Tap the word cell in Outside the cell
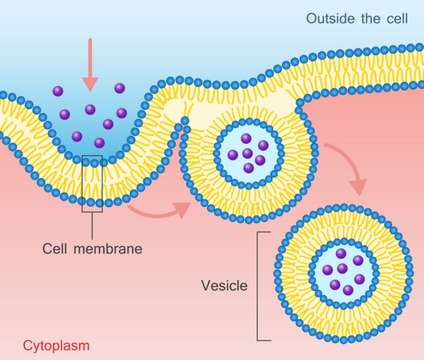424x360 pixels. pos(397,19)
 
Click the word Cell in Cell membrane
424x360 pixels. pos(55,248)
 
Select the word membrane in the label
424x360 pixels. pos(108,248)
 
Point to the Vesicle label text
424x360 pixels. pos(224,285)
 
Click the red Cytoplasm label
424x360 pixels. pos(56,346)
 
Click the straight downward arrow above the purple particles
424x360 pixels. pos(90,65)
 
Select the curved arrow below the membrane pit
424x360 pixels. pos(159,210)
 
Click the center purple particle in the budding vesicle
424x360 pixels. pos(247,153)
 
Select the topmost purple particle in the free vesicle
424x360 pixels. pos(341,254)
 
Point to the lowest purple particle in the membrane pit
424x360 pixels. pos(99,143)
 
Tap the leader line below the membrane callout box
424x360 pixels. pos(92,226)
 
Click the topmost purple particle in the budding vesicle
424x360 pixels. pos(246,138)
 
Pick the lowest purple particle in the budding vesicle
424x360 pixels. pos(248,168)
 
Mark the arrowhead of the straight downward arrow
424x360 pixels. pos(90,85)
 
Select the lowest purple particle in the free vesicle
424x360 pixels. pos(348,291)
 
